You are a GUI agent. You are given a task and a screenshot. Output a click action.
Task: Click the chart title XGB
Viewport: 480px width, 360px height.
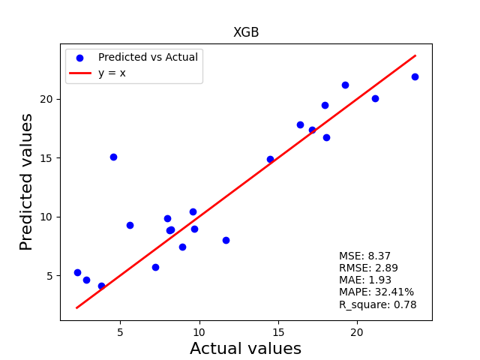[246, 32]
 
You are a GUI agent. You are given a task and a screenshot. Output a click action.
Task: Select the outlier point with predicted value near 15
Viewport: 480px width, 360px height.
[113, 157]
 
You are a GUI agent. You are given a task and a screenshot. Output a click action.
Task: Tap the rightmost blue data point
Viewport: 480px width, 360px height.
[415, 76]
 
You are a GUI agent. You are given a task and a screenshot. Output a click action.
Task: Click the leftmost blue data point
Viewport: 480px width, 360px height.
[77, 272]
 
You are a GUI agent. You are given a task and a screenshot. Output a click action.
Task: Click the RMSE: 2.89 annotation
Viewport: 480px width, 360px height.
[368, 268]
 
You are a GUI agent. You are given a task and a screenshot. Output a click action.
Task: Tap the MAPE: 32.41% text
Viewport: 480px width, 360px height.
[376, 292]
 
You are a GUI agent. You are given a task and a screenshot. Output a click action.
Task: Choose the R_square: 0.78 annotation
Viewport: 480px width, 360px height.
[378, 304]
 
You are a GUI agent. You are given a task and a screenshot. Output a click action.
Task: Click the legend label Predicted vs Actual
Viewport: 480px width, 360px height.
[148, 57]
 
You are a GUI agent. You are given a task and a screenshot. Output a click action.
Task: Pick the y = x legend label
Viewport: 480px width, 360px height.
[112, 73]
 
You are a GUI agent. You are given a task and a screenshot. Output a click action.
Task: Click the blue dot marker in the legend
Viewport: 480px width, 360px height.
[80, 58]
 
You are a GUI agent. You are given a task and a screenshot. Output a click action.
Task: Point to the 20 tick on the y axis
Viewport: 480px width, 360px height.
[46, 99]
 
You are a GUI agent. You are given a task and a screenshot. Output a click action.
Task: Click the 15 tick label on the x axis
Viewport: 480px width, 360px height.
[278, 331]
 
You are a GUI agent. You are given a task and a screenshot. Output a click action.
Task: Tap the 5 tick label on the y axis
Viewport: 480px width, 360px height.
[49, 276]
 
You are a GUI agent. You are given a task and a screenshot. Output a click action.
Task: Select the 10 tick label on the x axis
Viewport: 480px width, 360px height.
[199, 331]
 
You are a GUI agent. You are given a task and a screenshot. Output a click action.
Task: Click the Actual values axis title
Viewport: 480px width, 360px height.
[245, 348]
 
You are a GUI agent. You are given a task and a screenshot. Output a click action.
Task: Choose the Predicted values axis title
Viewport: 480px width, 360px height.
[25, 182]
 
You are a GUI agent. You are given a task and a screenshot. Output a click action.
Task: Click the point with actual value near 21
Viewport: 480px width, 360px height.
[375, 98]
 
